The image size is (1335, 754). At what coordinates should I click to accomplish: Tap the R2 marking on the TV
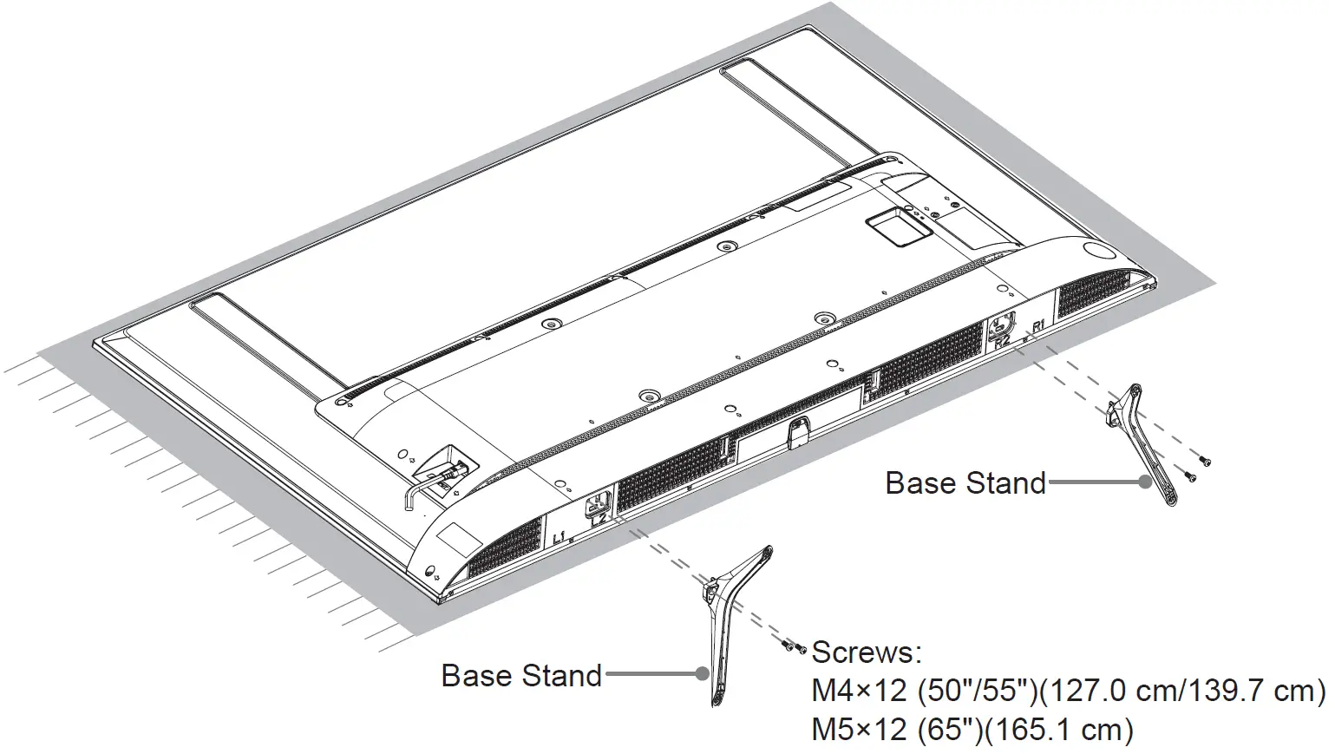[x=1003, y=341]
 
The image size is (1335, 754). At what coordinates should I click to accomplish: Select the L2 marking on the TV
[x=598, y=520]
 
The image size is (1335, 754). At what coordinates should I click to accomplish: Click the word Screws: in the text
[x=866, y=652]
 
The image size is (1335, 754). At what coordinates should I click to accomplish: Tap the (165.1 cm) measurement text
[x=1057, y=730]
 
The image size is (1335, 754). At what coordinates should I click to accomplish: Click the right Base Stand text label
[x=965, y=482]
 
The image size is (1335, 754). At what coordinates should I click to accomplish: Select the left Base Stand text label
[x=521, y=675]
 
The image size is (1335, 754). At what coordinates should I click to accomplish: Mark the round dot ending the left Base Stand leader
[x=703, y=674]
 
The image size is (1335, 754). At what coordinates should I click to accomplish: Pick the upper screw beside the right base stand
[x=1205, y=460]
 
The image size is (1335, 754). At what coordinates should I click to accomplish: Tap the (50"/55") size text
[x=974, y=691]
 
